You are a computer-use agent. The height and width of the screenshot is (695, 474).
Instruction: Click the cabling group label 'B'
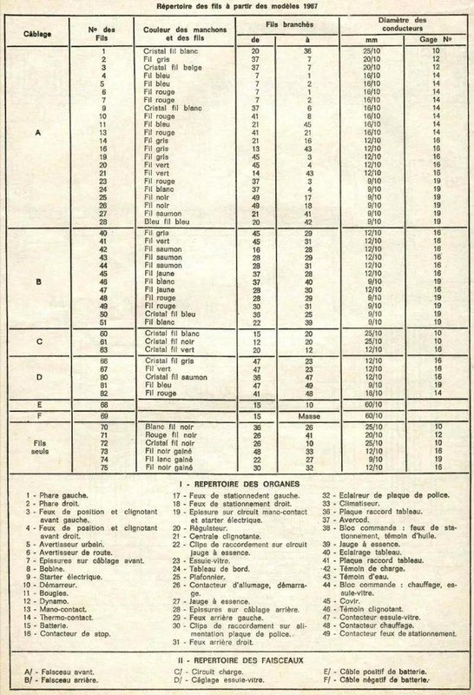coord(36,282)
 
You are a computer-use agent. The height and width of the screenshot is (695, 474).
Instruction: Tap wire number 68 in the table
coord(102,404)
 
